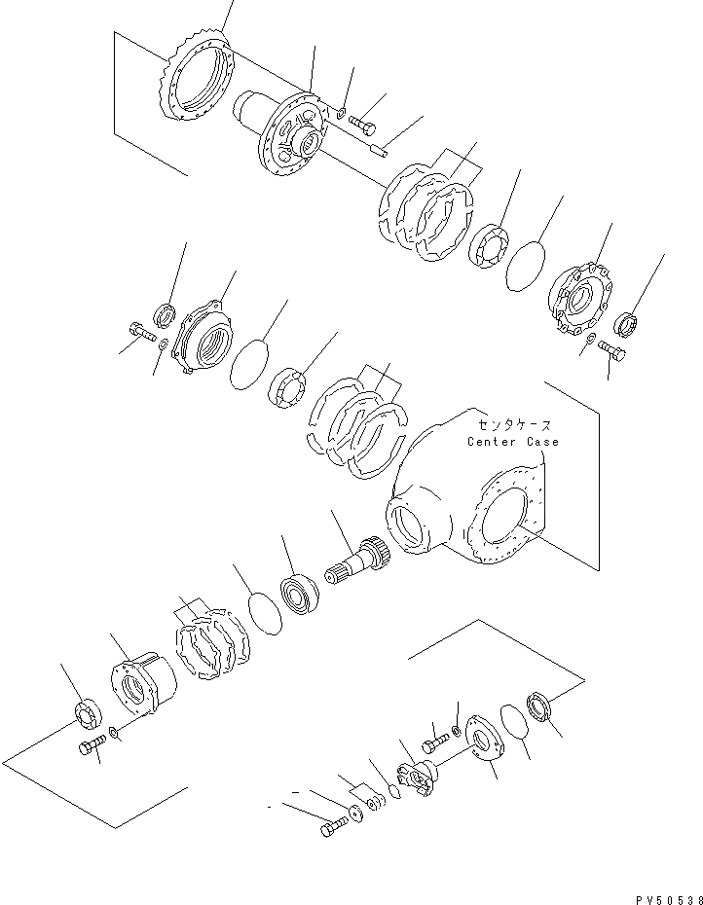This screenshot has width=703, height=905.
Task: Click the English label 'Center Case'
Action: click(512, 442)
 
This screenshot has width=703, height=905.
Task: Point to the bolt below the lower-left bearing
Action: click(91, 749)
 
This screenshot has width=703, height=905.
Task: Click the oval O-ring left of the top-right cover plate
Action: click(527, 266)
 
